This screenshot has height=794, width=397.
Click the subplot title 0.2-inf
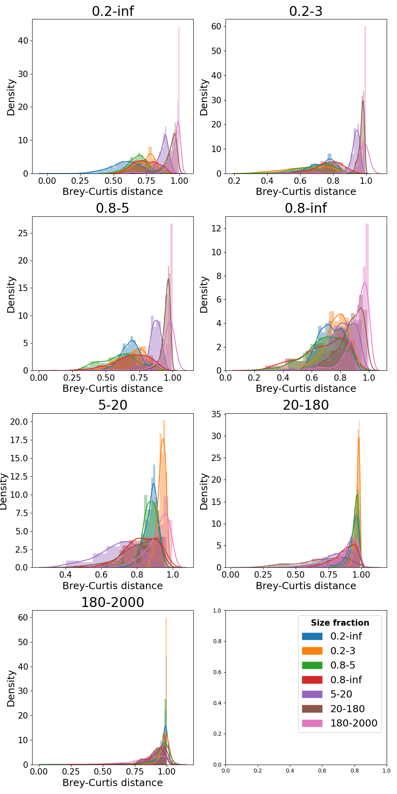[113, 11]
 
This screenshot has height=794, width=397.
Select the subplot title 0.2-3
[306, 11]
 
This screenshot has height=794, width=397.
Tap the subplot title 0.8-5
[113, 208]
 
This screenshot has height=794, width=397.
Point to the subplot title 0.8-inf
[306, 208]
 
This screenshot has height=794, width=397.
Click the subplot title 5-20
[113, 405]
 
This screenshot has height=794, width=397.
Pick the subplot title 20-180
[306, 405]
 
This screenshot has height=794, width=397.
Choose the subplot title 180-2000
[113, 602]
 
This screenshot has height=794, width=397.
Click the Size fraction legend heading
[340, 623]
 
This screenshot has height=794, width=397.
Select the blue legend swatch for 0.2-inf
[312, 636]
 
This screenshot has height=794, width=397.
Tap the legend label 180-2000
[354, 723]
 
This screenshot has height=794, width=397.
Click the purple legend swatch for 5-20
[312, 694]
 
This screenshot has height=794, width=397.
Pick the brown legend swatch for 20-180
[312, 709]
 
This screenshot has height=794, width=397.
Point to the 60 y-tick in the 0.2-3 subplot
[216, 26]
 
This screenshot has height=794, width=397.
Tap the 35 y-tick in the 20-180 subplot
[216, 414]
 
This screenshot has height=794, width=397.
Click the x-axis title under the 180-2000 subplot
[113, 782]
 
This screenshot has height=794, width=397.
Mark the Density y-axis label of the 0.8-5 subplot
[11, 295]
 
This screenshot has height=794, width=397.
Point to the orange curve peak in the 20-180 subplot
[358, 438]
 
